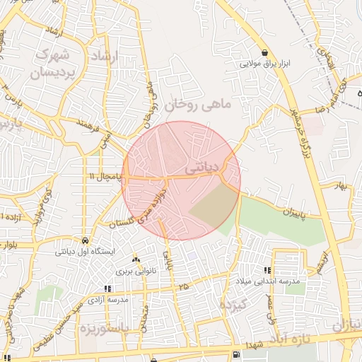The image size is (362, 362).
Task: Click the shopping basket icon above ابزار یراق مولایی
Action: coord(264,52)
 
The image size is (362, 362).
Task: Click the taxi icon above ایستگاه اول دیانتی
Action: coord(85,240)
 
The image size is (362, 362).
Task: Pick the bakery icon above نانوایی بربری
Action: coord(136,260)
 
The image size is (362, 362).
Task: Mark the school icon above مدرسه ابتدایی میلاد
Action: coord(267,270)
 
